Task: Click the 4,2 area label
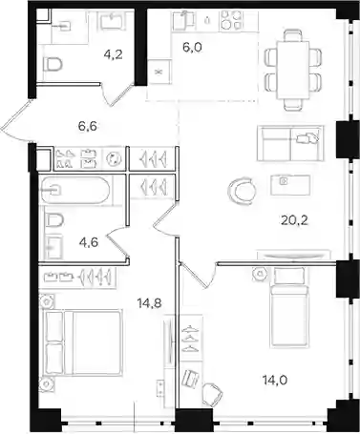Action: coord(114,54)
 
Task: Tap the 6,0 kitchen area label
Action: coord(193,48)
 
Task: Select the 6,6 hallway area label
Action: coord(88,126)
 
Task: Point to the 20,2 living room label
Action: coord(294,219)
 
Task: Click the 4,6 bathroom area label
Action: coord(89,242)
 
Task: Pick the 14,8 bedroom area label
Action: coord(149,303)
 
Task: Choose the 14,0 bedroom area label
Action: coord(275,380)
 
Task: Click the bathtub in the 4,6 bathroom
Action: coord(75,190)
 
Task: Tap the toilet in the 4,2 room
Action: coord(53,65)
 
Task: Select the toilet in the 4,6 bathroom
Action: coord(54,220)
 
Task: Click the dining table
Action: coord(293,70)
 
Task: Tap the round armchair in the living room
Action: coord(242,190)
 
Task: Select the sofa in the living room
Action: coord(290,143)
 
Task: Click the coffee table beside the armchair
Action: coord(290,185)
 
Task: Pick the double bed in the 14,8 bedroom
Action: coord(84,342)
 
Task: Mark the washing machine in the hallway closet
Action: coord(114,158)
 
